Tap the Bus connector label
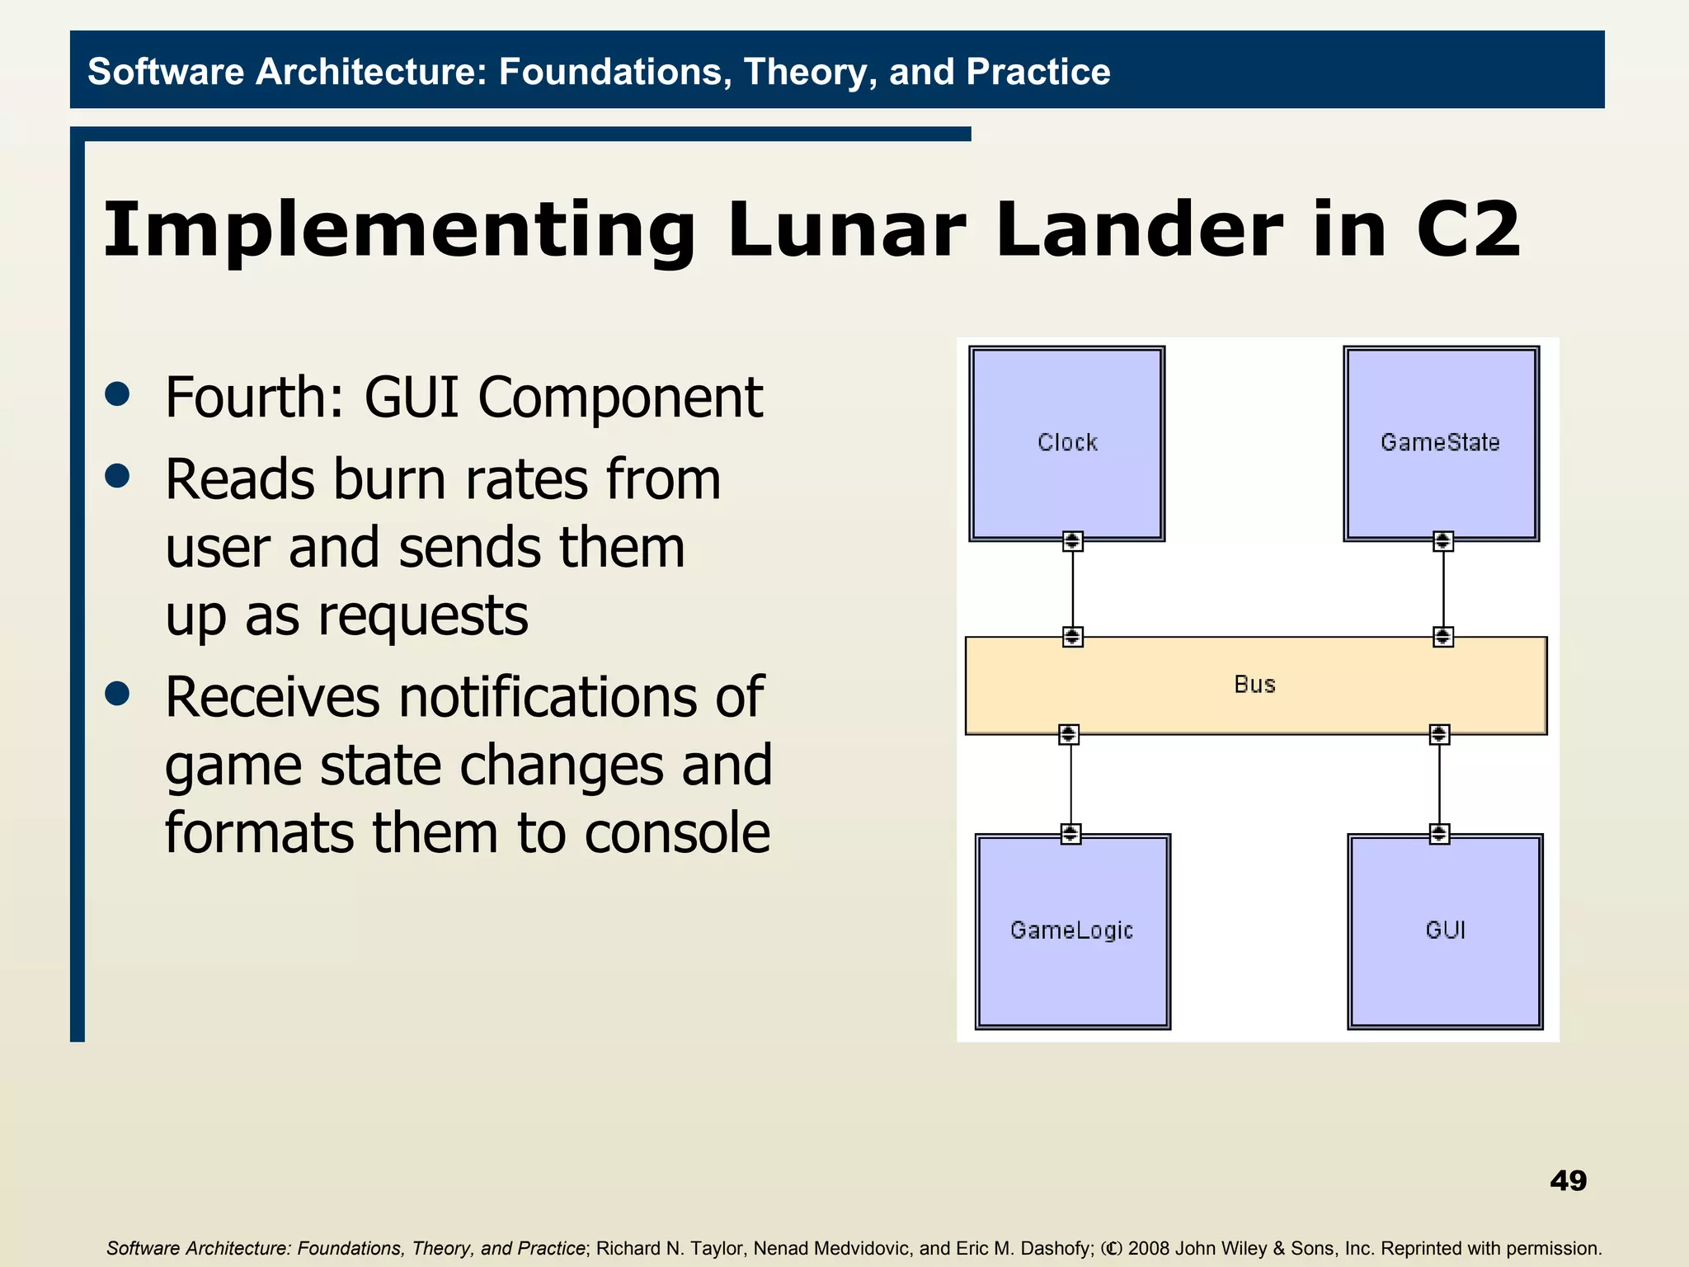coord(1254,685)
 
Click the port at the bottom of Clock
coord(1072,541)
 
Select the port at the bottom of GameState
coord(1442,541)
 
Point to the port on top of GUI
coord(1439,834)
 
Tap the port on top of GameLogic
coord(1070,834)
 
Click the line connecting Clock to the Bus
coord(1072,589)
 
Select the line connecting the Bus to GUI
coord(1439,784)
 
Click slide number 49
coord(1568,1180)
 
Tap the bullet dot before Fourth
coord(118,394)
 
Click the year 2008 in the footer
coord(1149,1249)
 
